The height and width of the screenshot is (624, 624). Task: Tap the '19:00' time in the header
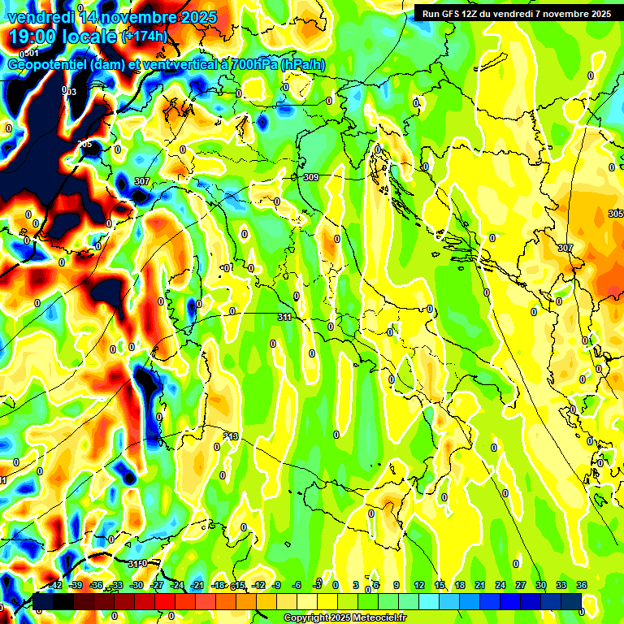pos(32,37)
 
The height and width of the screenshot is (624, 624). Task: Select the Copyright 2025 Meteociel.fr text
pos(344,618)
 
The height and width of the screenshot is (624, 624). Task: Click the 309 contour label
pos(310,177)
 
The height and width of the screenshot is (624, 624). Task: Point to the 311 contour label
pos(284,317)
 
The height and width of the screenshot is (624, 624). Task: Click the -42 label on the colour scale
pos(55,585)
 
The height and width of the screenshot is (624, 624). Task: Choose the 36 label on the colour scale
pos(582,585)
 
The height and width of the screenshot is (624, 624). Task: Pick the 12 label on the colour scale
pos(419,585)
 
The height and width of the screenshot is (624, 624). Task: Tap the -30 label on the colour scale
pos(136,585)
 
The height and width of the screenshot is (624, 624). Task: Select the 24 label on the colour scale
pos(500,585)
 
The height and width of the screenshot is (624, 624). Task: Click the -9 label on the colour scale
pos(277,585)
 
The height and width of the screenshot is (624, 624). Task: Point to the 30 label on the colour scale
pos(541,585)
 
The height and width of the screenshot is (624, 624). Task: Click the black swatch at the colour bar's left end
pos(42,600)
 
